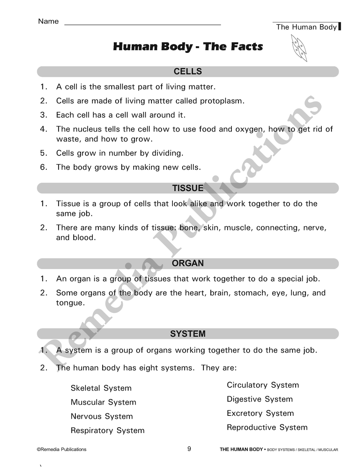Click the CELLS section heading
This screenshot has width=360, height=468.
pos(188,72)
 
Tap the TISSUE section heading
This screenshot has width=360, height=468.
pos(188,188)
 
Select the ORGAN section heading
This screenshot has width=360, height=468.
pos(188,264)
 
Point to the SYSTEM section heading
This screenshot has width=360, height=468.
pos(188,334)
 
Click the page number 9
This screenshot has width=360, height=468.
pos(189,449)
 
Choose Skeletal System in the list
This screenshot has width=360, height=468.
pos(101,388)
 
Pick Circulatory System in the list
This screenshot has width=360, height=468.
pos(263,385)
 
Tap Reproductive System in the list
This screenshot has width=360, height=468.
pos(267,428)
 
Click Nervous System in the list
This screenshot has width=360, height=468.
pos(102,417)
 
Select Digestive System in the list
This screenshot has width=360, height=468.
pos(260,399)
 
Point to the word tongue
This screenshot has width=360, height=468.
pos(70,303)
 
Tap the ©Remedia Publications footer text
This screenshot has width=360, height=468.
pos(62,450)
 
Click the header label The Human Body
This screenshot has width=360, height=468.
pos(306,27)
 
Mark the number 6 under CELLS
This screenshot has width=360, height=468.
pos(43,167)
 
